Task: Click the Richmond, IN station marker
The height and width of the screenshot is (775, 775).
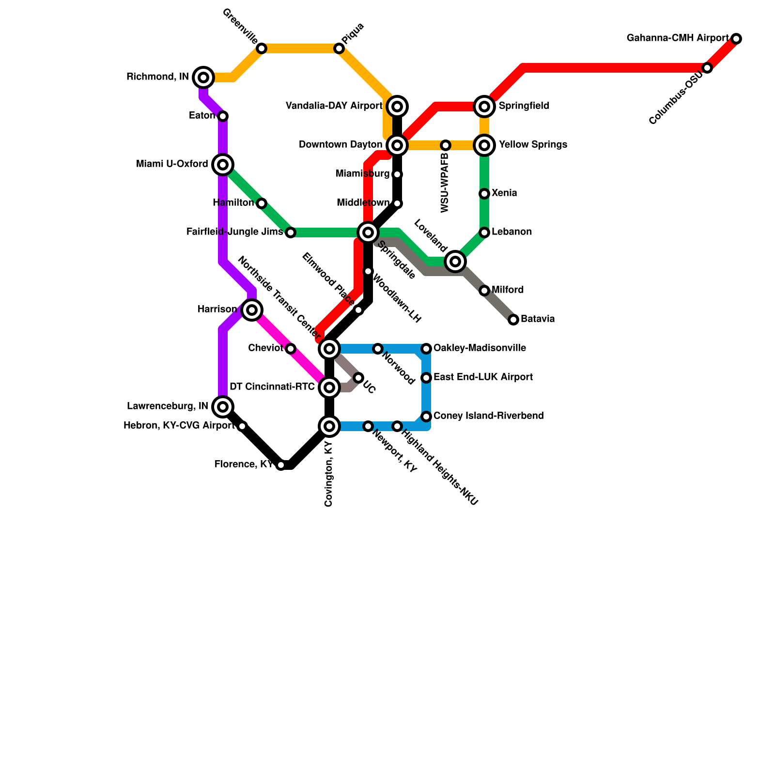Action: (203, 77)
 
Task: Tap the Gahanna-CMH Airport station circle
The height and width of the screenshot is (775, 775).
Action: (736, 39)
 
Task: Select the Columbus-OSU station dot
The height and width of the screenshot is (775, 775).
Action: (707, 68)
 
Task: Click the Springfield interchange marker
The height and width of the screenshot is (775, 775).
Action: (484, 107)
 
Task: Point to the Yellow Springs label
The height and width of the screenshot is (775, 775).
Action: (533, 145)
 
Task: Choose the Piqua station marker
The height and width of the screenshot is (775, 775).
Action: (339, 48)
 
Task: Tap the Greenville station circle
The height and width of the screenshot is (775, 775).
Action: (262, 48)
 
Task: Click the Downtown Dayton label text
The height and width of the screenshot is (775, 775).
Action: (341, 145)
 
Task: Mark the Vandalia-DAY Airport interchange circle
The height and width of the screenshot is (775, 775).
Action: (397, 107)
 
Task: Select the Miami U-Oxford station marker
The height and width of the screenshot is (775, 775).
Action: (223, 165)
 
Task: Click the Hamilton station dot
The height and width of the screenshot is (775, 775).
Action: (262, 203)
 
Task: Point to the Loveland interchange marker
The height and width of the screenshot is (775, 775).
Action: (455, 262)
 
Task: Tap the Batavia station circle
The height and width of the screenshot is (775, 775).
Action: (513, 320)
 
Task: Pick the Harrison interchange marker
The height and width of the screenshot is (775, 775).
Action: (252, 310)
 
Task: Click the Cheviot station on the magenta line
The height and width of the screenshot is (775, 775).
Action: (291, 349)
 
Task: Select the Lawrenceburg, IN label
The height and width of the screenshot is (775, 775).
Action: (168, 406)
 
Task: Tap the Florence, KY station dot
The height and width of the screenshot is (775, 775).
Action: (281, 465)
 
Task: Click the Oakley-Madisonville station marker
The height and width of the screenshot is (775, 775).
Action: (426, 349)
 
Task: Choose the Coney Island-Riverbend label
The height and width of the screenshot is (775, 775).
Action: (488, 416)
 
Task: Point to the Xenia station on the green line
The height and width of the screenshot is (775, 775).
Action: (484, 194)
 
